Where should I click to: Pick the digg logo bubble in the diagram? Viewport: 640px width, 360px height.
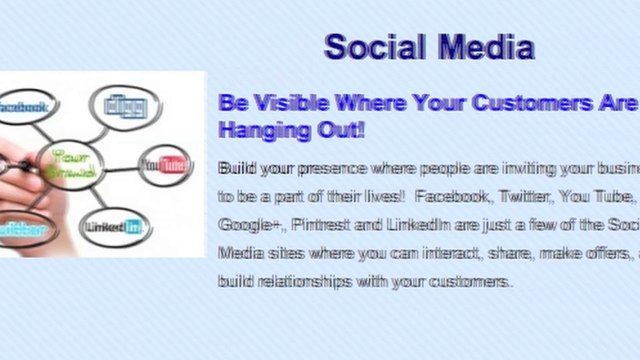(x=125, y=105)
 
